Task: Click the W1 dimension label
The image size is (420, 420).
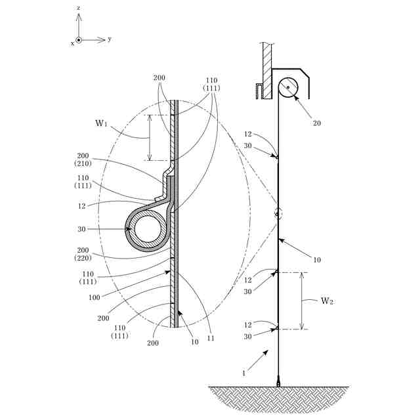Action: pos(101,123)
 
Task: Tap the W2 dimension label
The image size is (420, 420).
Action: pos(327,301)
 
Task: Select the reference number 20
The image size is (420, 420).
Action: pos(317,123)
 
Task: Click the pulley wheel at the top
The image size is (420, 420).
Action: pos(288,87)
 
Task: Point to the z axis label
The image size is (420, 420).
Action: pos(79,8)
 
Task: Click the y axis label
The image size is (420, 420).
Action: pos(110,39)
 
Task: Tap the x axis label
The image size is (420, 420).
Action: pos(72,43)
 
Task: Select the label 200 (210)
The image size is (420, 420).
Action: pos(83,159)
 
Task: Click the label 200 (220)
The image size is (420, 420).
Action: pos(83,254)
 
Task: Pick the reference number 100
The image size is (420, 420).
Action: pos(94,297)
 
